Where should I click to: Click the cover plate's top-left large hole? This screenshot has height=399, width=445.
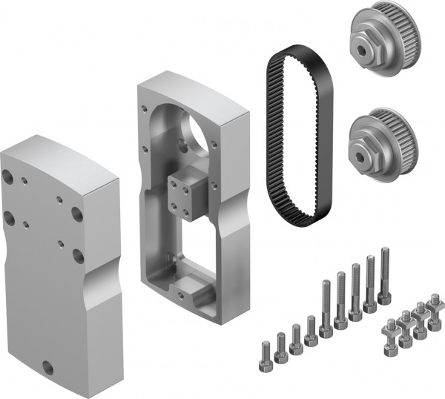tap(8, 177)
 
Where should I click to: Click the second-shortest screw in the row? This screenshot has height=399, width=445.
tap(281, 345)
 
